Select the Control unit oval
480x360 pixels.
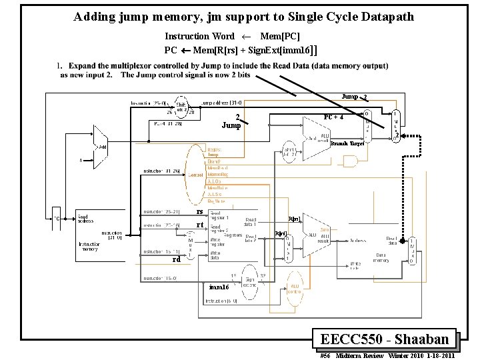click(x=195, y=175)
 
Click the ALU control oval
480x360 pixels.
click(x=293, y=286)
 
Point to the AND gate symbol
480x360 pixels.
click(x=349, y=161)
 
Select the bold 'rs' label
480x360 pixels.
click(x=199, y=211)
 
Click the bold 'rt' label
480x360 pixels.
click(x=199, y=225)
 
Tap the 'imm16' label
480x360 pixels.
click(x=219, y=287)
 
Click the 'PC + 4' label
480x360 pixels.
click(x=333, y=117)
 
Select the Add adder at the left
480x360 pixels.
click(x=100, y=146)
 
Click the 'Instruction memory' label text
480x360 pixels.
click(x=89, y=248)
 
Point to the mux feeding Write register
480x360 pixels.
click(x=189, y=247)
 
